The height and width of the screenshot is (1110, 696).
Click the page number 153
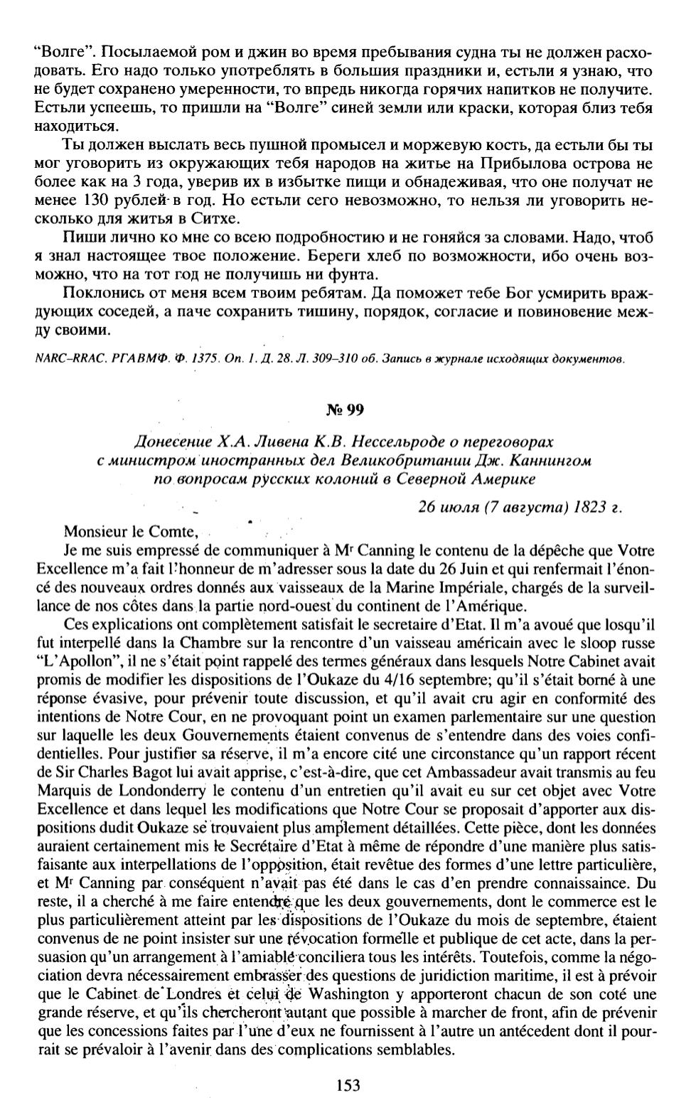pyautogui.click(x=348, y=1085)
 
